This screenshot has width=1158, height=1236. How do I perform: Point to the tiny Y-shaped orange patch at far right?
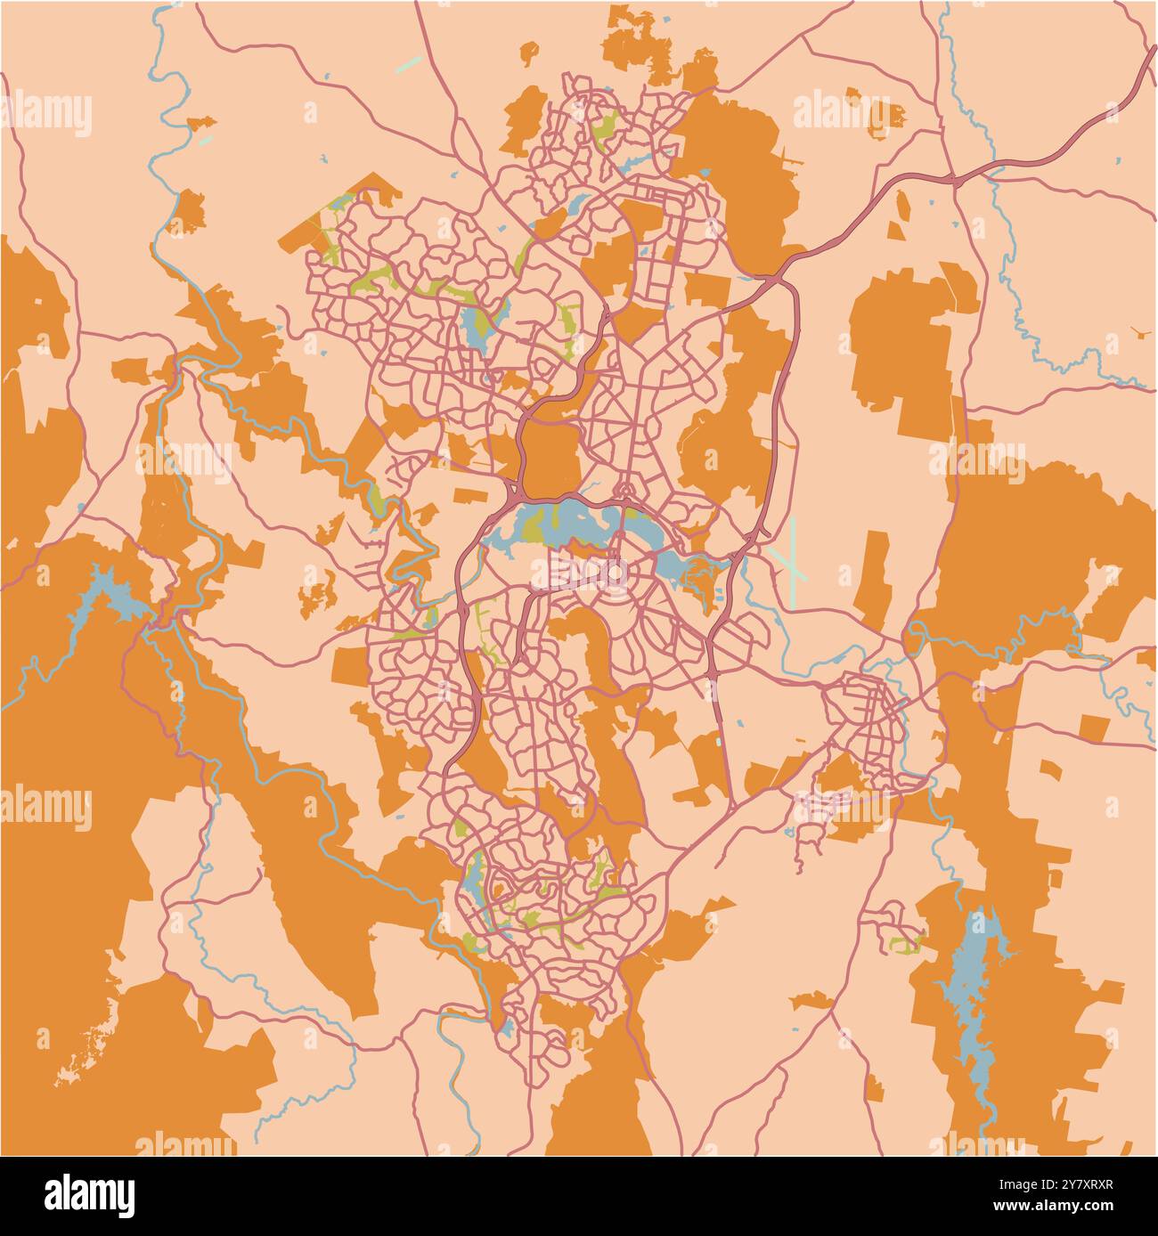(x=1139, y=333)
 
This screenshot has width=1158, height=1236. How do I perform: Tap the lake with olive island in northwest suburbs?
(x=479, y=326)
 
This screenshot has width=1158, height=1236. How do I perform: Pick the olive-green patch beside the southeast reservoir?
(x=904, y=944)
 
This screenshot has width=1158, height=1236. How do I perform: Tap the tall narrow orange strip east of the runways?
(x=877, y=577)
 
